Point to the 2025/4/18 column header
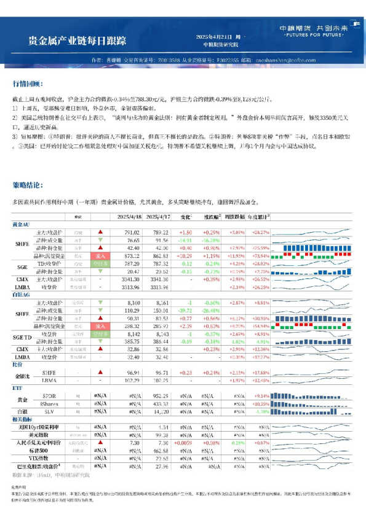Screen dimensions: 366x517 129,217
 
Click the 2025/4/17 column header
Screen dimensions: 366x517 157,217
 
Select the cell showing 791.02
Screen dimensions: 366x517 132,232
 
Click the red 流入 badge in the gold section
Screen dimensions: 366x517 100,255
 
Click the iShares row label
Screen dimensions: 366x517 49,403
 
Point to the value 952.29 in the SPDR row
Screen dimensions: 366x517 159,395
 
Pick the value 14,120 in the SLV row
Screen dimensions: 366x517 159,411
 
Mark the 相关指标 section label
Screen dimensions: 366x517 23,419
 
